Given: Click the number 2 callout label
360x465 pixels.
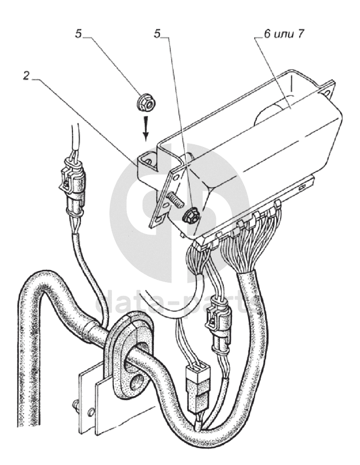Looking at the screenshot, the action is (x=26, y=76).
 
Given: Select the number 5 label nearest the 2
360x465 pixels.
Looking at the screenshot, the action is (x=78, y=34).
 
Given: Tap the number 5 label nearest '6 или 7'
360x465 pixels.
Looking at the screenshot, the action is (x=157, y=34).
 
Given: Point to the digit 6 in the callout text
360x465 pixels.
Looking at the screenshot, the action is (x=267, y=34).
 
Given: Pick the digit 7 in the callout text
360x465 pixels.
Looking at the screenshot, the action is (x=300, y=34).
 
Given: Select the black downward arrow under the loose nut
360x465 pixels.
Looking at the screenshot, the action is (x=146, y=128).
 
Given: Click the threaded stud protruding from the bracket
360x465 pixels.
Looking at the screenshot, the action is (x=174, y=198).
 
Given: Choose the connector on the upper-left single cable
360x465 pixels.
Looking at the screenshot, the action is (x=72, y=191).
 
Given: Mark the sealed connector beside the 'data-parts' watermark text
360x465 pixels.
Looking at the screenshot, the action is (x=219, y=326).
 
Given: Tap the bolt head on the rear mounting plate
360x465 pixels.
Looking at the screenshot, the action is (x=75, y=405).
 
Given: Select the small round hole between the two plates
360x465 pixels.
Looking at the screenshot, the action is (x=92, y=412).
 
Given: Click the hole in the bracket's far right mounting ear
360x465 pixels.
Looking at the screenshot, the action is (x=328, y=94).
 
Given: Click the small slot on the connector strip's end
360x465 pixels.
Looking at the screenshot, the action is (x=304, y=188).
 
